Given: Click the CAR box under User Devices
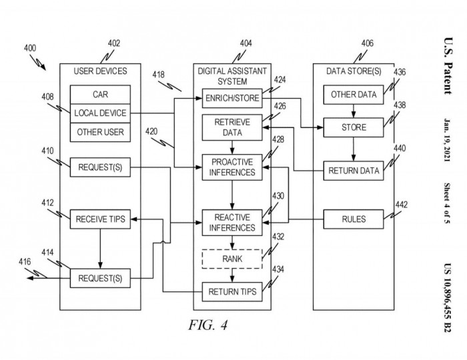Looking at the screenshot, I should (x=99, y=95).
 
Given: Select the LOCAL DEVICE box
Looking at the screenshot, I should (x=99, y=113).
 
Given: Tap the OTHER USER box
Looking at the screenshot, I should (x=99, y=131).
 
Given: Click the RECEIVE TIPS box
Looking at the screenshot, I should (x=99, y=218).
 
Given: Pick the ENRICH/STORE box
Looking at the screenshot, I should (x=231, y=99).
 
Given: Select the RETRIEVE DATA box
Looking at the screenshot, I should (x=231, y=127).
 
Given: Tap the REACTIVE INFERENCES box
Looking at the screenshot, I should (x=231, y=222).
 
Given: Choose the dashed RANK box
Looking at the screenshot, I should (x=231, y=259).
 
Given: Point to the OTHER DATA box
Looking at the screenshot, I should (x=354, y=94).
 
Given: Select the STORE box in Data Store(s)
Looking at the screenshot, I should (x=354, y=126).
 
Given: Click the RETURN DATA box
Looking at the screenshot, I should (x=354, y=171).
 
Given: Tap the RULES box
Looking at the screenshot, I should (x=354, y=218).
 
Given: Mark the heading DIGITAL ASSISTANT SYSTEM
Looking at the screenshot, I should (x=231, y=75).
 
